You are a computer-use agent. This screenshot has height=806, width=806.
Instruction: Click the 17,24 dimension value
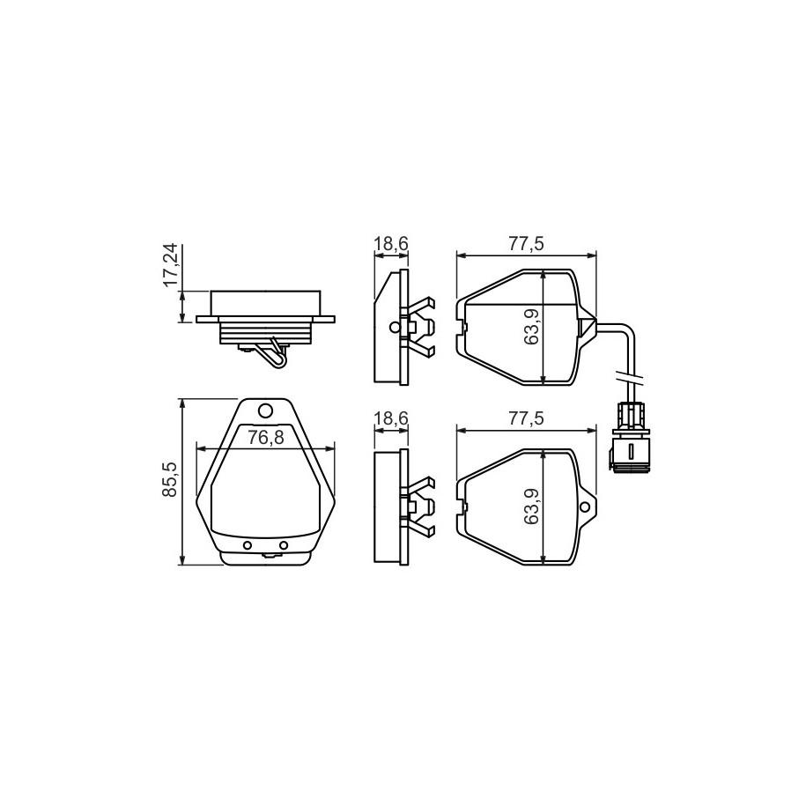coord(170,264)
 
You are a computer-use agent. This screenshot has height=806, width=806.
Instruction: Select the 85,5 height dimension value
coord(170,479)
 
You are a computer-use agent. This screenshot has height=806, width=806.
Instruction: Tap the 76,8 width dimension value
coord(265,437)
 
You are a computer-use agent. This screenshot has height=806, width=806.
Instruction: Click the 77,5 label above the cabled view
coord(526,244)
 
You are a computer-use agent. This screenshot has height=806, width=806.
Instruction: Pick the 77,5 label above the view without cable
coord(526,418)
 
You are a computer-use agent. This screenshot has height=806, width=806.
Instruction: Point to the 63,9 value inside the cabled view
coord(531,326)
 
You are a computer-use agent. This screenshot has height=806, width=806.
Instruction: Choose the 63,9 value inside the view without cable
coord(531,507)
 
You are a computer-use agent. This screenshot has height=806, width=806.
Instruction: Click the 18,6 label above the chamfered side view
coord(391,244)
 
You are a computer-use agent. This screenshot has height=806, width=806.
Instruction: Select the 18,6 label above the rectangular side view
coord(391,418)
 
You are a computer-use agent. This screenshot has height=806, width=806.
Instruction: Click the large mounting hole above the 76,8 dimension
coord(265,410)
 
